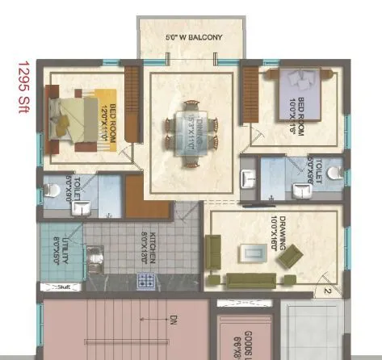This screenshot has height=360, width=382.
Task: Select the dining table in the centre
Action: tap(192, 127)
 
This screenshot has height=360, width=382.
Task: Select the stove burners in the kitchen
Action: tap(146, 281)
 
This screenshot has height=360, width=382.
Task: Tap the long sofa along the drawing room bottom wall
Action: tap(252, 280)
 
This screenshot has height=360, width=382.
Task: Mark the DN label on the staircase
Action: tap(172, 321)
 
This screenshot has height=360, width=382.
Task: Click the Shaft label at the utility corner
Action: tap(64, 287)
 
